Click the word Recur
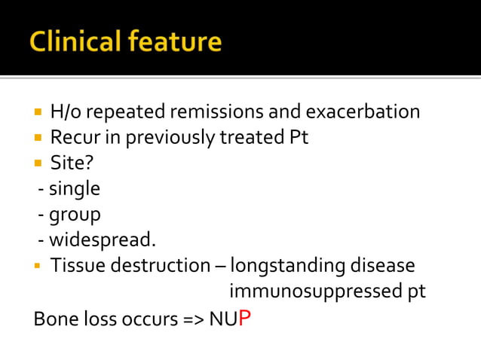click(x=71, y=138)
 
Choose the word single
click(x=74, y=189)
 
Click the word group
click(x=75, y=215)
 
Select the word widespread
click(x=103, y=240)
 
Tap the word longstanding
click(x=287, y=267)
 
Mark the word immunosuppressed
click(x=314, y=291)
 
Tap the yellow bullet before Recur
click(x=38, y=139)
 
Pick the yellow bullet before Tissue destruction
click(x=38, y=267)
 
